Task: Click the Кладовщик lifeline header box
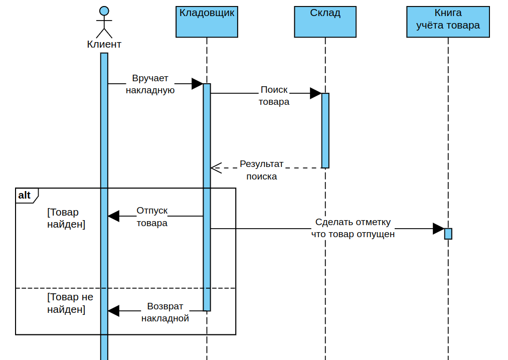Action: point(207,22)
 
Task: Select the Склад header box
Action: point(325,22)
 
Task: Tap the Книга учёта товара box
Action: point(448,22)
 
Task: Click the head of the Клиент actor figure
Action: point(104,11)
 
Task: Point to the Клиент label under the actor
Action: point(104,44)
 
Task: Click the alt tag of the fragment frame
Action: point(25,195)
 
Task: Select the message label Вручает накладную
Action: point(150,84)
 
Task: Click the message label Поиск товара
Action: point(274,95)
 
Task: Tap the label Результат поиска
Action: point(261,170)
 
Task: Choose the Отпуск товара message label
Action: point(152,217)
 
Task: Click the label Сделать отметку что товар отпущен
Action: point(353,228)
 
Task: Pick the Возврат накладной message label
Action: point(165,312)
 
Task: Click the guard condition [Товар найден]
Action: point(66,218)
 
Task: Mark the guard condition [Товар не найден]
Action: point(70,303)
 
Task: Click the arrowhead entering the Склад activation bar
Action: point(315,93)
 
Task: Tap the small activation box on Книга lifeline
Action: point(448,234)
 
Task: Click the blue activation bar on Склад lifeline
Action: point(325,130)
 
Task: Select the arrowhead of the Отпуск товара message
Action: point(113,216)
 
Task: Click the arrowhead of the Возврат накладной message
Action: point(113,311)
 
